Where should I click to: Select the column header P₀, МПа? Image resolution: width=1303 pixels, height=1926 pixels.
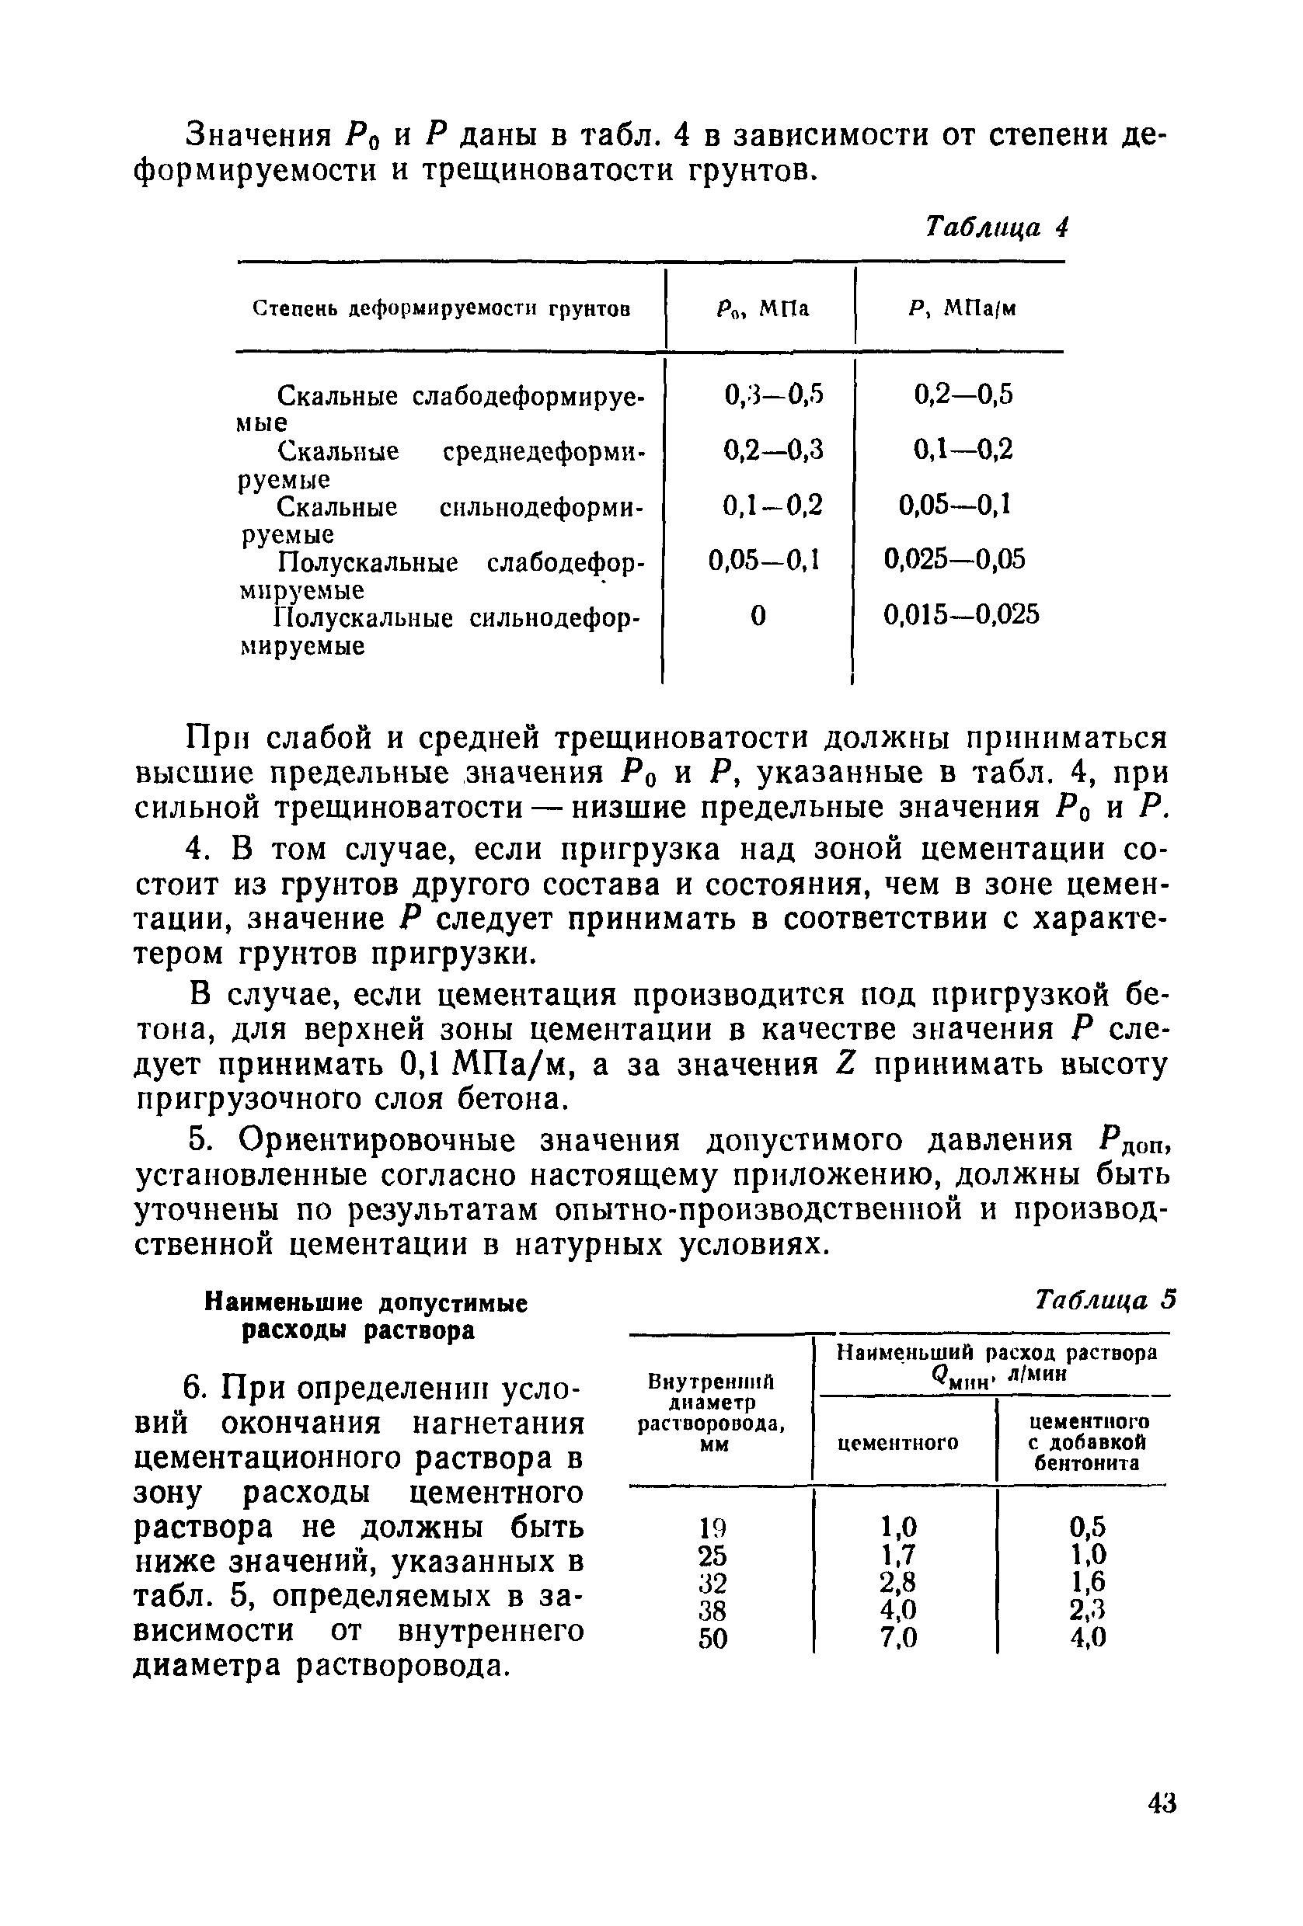click(x=761, y=309)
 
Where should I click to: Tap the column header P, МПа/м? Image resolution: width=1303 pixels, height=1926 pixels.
click(x=961, y=309)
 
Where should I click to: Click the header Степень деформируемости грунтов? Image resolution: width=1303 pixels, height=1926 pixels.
click(x=441, y=309)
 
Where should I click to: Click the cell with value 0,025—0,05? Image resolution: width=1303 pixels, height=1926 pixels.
click(x=954, y=559)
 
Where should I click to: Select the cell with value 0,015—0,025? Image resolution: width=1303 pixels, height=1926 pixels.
click(x=960, y=615)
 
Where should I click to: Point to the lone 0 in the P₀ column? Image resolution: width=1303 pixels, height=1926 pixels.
click(x=757, y=615)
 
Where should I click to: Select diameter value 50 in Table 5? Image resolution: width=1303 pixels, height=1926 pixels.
click(x=712, y=1639)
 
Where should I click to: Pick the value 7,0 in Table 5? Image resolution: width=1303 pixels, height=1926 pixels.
click(x=897, y=1639)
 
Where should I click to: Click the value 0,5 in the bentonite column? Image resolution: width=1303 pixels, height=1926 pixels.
click(x=1088, y=1527)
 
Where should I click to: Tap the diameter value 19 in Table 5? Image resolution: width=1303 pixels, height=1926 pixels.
click(x=712, y=1527)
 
